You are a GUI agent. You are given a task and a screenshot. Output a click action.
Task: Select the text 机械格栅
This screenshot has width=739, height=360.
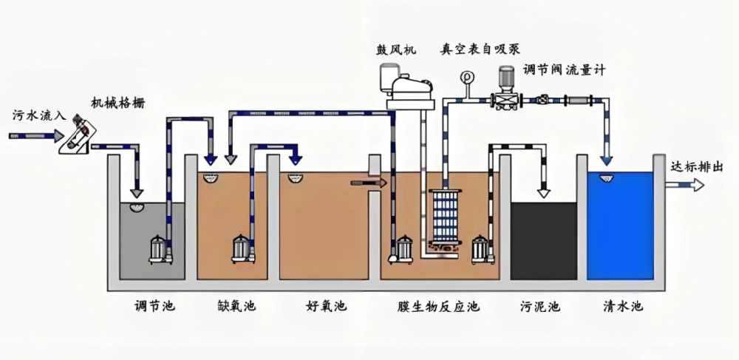(118, 103)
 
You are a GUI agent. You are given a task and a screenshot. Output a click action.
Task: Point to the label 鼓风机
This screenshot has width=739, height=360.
(395, 50)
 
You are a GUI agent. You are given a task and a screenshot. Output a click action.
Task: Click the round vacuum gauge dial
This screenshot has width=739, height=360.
(466, 77)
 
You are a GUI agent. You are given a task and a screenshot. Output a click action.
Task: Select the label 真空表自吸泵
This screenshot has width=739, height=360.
(480, 50)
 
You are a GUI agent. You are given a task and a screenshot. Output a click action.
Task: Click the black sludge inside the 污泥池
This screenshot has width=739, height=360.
(544, 240)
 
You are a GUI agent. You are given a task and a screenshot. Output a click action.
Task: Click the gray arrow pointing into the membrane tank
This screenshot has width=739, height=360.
(369, 182)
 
